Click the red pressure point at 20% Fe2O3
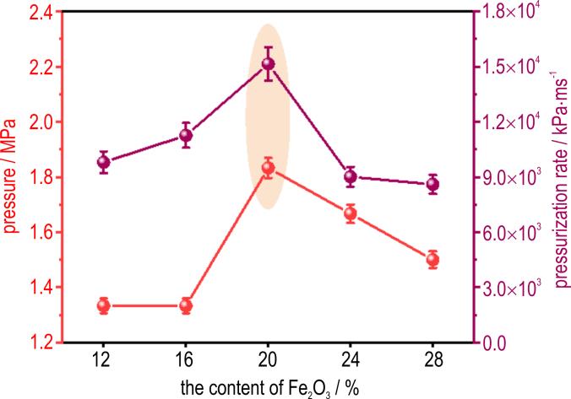point(268,168)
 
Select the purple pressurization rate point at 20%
point(268,64)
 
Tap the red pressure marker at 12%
point(104,305)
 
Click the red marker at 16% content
point(186,305)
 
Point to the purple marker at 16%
point(186,135)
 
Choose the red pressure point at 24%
point(350,213)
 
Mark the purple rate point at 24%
point(350,176)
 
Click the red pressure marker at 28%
point(432,259)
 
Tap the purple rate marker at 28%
point(432,185)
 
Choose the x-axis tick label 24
point(350,358)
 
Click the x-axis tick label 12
point(104,358)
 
